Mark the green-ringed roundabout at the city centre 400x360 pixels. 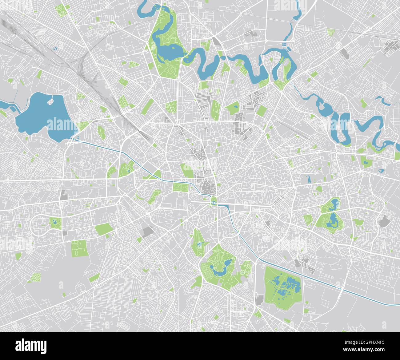pos(213,203)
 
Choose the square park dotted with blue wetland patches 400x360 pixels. pos(283,287)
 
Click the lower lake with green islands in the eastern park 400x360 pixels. pos(332,220)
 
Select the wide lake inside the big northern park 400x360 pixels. pos(169,49)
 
